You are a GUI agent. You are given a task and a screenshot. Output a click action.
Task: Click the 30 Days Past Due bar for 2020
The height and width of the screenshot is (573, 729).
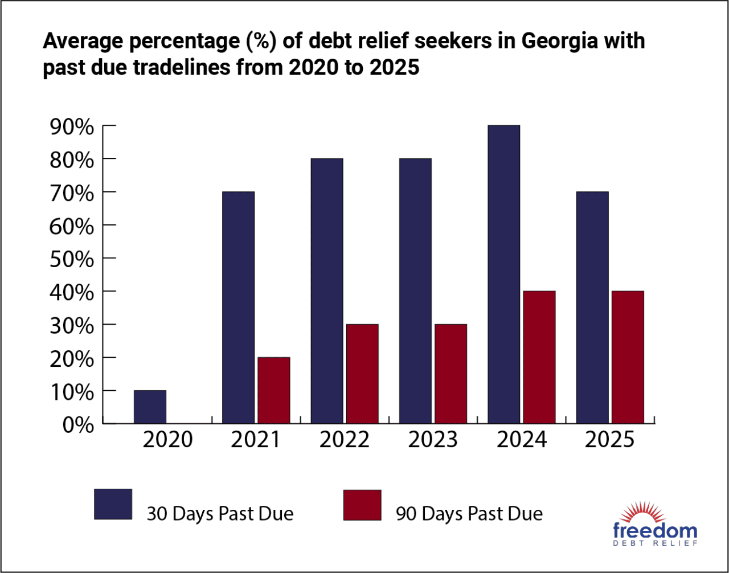(x=150, y=407)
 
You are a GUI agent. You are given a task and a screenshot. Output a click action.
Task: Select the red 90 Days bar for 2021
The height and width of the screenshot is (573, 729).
(x=273, y=391)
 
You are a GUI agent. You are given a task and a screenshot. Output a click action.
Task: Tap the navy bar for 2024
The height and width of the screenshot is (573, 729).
(x=503, y=275)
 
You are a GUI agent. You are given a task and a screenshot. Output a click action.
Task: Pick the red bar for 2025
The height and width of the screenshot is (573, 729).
(x=628, y=358)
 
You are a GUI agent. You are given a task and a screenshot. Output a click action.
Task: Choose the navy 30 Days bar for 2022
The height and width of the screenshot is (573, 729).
(x=327, y=291)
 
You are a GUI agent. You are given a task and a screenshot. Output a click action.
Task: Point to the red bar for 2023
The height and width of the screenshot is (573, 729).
(x=450, y=374)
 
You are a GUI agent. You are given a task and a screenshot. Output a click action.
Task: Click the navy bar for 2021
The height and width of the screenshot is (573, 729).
(x=238, y=308)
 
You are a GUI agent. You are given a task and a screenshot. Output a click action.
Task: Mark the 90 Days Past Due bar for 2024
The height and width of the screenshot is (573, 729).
(x=539, y=358)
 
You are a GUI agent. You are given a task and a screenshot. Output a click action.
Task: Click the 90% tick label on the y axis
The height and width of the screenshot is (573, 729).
(x=72, y=126)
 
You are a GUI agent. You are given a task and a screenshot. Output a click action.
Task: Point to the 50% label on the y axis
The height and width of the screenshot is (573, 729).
(x=72, y=259)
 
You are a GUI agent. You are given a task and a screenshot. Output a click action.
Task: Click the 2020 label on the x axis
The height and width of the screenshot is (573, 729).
(x=167, y=440)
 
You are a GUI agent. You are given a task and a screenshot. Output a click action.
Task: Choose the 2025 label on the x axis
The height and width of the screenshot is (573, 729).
(x=609, y=440)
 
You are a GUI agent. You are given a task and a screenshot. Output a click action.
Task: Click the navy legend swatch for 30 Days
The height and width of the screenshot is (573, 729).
(x=113, y=504)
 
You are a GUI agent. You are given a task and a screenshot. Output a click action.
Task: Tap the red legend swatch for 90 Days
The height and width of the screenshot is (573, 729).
(x=362, y=505)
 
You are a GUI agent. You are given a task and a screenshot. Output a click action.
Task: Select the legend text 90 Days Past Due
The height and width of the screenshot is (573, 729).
(x=469, y=514)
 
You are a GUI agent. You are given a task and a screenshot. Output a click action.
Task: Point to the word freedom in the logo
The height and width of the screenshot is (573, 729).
(x=655, y=531)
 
